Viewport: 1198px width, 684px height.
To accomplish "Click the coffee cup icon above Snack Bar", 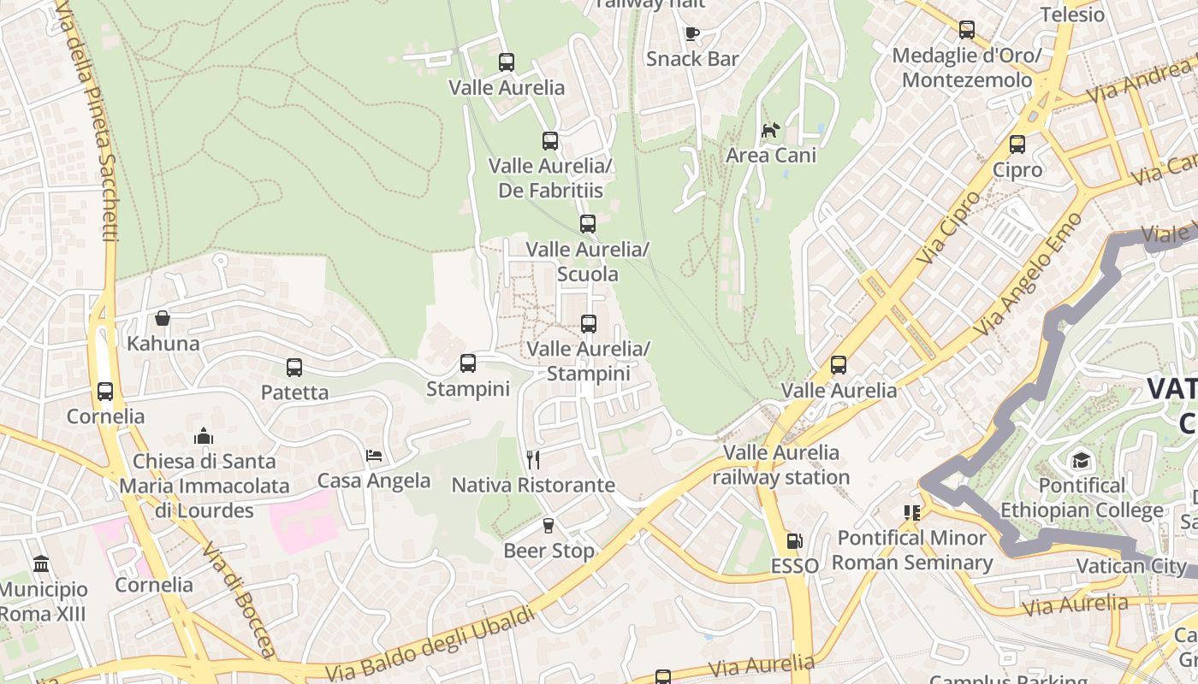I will point(692,34).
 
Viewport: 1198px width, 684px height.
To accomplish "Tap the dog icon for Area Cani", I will point(771,131).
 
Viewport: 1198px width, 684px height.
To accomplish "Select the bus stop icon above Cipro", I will point(1017,144).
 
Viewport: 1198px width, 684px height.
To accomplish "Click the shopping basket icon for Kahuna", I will point(163,319).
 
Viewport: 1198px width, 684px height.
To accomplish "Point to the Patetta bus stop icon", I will point(294,368).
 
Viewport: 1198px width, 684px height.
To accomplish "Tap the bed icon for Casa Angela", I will point(374,456).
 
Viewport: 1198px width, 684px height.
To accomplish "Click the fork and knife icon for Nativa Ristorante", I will point(533,460).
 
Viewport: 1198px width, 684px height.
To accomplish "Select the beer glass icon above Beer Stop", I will point(549,526).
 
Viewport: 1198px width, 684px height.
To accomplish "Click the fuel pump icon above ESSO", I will point(794,541).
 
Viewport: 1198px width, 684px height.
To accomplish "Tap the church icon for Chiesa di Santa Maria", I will point(204,436).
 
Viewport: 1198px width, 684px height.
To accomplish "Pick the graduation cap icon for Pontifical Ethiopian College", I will point(1081,461).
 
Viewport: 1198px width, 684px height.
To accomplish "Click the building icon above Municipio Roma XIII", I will point(41,564).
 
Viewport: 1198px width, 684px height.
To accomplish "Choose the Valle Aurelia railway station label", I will point(781,464).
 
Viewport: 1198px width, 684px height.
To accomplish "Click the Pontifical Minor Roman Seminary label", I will point(912,551).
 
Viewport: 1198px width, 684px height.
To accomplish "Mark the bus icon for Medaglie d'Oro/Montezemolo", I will point(967,30).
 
